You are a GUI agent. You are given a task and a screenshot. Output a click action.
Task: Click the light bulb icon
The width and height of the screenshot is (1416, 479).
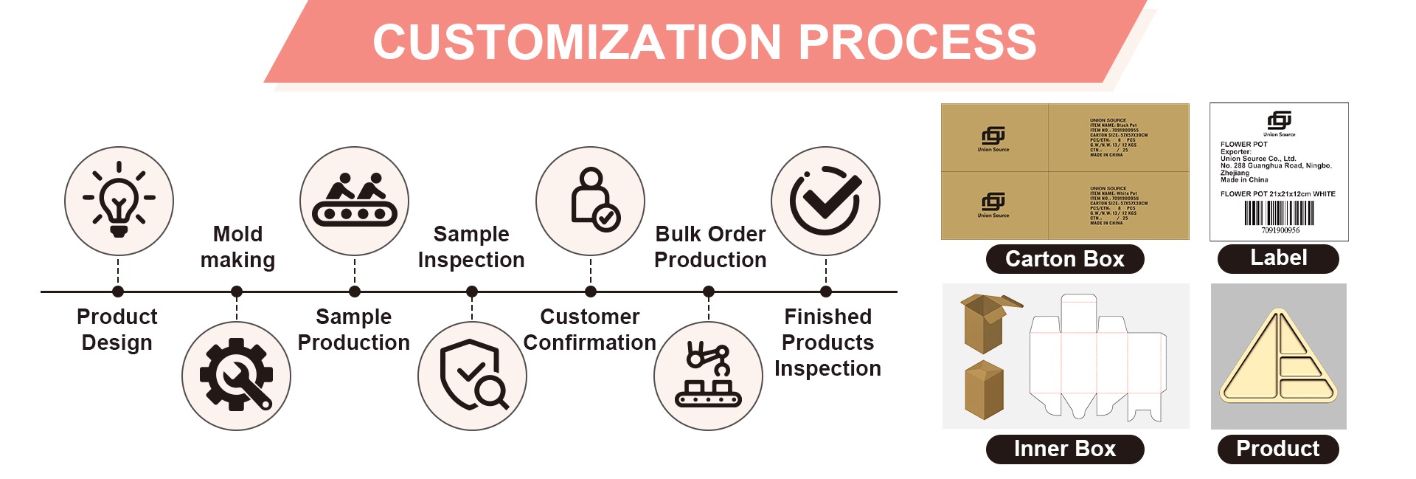click(x=119, y=201)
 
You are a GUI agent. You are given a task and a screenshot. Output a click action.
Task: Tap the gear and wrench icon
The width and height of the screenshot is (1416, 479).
click(x=236, y=376)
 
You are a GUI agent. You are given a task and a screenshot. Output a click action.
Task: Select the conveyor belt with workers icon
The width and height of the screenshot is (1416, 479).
click(x=354, y=201)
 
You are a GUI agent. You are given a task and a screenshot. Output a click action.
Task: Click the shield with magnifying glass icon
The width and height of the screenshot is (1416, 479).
click(x=472, y=376)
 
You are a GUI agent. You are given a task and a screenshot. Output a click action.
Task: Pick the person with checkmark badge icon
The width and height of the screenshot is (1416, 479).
click(x=590, y=201)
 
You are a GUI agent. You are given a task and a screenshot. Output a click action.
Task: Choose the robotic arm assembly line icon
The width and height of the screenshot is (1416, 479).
click(x=708, y=376)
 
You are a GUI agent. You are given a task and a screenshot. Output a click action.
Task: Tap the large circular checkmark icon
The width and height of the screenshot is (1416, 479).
click(x=825, y=201)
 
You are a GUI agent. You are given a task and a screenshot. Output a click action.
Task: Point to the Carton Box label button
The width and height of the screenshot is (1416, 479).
click(x=1064, y=259)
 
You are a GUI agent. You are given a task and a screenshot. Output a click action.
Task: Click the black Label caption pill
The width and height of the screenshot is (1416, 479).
click(x=1278, y=258)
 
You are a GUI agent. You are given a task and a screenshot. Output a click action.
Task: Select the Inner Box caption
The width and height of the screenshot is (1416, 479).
click(x=1064, y=449)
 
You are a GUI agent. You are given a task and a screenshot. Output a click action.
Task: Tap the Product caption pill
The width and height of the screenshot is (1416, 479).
click(x=1277, y=449)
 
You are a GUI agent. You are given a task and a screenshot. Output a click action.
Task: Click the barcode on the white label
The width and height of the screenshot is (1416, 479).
click(x=1279, y=213)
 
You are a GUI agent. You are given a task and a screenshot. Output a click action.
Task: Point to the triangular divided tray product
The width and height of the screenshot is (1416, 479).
click(x=1278, y=358)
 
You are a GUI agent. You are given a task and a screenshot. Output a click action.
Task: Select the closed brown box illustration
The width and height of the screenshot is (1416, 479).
click(x=984, y=389)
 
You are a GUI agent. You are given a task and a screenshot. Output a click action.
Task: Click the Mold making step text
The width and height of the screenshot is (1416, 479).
click(x=237, y=247)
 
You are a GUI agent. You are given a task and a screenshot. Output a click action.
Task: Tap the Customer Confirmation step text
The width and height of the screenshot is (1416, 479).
click(x=589, y=329)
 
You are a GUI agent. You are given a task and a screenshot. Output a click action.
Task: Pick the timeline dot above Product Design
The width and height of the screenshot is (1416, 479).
click(x=118, y=292)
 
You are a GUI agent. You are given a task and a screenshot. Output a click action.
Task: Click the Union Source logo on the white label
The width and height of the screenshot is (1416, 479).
click(x=1279, y=121)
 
